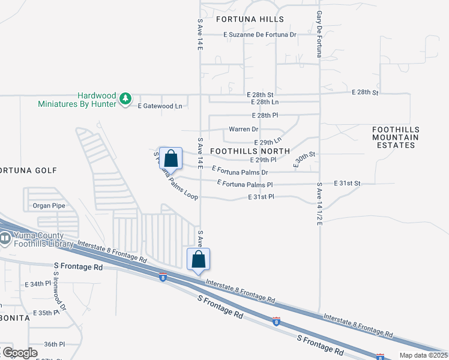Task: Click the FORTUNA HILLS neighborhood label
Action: pos(250,19)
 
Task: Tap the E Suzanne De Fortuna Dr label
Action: pos(260,35)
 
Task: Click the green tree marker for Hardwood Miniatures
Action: pos(125,98)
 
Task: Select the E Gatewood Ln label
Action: pos(160,106)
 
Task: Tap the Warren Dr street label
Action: pos(243,129)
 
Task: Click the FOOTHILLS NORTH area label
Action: pos(250,151)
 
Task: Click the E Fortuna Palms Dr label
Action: pos(239,172)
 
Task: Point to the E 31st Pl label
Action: pos(261,197)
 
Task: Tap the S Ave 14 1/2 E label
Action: pos(320,204)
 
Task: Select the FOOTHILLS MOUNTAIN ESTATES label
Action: pos(396,137)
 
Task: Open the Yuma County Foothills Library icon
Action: pos(5,239)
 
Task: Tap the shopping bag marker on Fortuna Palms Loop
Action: pos(170,159)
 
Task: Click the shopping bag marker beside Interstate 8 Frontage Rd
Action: pos(199,260)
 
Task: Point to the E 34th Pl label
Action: pos(39,284)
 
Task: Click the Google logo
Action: pos(19,352)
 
